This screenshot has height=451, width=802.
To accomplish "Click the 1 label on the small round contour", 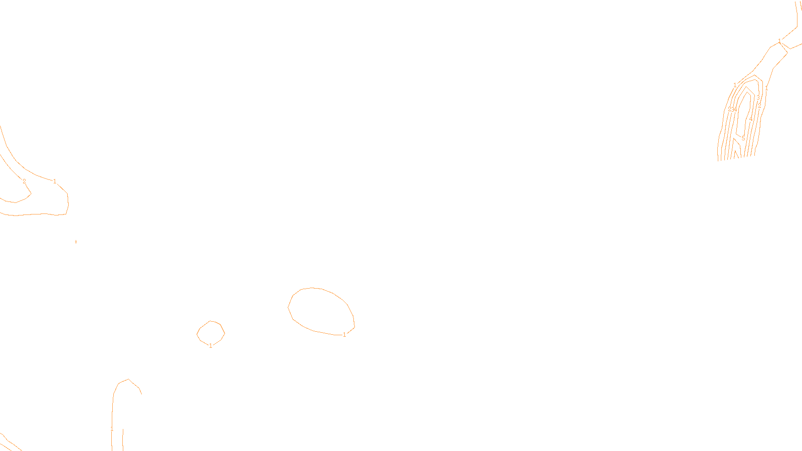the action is point(211,345).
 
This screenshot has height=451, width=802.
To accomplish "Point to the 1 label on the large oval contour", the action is point(344,335).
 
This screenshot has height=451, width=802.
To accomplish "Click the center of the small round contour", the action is point(211,333).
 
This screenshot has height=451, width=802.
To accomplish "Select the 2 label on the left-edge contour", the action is point(24,181).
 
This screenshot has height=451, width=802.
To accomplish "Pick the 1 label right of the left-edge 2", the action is point(55,181).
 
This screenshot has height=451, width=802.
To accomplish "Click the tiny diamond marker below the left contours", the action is point(76,242).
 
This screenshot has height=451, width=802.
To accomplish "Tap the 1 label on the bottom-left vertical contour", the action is point(112,429).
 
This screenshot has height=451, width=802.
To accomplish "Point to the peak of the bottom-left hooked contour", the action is point(129,379).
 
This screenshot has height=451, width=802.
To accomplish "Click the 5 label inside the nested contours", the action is point(743,138).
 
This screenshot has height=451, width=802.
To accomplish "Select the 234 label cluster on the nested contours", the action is point(732,109).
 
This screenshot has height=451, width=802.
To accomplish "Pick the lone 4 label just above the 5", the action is point(750,119).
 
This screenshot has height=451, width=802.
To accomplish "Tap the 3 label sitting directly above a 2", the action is point(758,97).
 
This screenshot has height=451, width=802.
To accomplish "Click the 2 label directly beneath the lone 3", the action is point(759,106).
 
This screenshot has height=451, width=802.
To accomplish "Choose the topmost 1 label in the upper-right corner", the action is point(779,41).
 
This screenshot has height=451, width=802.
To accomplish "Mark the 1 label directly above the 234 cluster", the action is point(735,85).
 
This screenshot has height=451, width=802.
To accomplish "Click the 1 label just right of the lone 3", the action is point(766,88).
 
